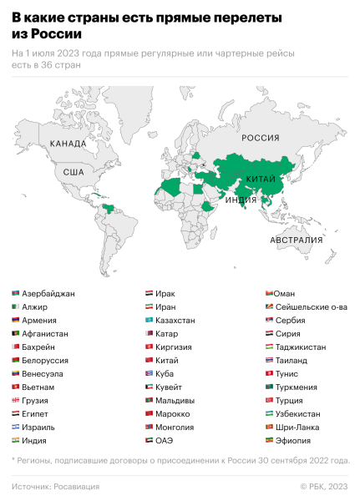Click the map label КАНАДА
point(68,144)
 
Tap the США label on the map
point(74,173)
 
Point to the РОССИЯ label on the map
point(261,139)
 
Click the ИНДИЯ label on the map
point(241,200)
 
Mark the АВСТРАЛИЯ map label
point(296,240)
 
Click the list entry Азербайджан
point(48,294)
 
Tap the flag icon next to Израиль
point(16,427)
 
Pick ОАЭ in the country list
point(165,440)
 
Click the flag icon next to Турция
point(270,400)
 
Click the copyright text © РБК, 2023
point(324,487)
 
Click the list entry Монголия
point(176,427)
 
